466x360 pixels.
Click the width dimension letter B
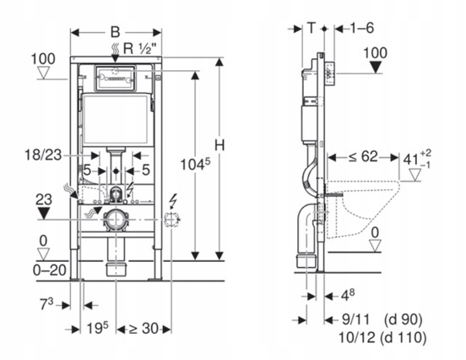(x=116, y=32)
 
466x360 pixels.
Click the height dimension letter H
(x=219, y=146)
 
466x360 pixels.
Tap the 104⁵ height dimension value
(x=195, y=164)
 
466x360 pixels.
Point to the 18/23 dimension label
(x=43, y=155)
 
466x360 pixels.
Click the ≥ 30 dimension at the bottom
(x=144, y=329)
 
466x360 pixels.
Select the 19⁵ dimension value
(x=97, y=328)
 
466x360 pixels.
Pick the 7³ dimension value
(x=46, y=304)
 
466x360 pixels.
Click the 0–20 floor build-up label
(x=49, y=270)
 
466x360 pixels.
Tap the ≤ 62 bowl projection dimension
(x=363, y=156)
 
